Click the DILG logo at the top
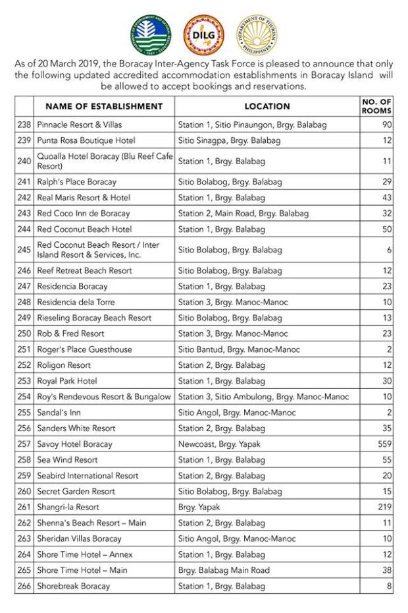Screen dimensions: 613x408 click(204, 34)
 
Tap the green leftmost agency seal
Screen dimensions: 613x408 click(151, 34)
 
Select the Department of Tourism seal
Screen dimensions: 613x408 click(257, 34)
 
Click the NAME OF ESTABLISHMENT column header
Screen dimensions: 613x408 click(104, 106)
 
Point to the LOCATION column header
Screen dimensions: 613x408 click(267, 106)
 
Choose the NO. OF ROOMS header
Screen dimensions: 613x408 click(377, 106)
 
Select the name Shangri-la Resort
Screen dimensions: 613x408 click(68, 508)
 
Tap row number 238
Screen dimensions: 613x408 click(24, 125)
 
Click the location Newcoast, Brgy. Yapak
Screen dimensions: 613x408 click(219, 444)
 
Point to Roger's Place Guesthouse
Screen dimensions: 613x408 click(84, 349)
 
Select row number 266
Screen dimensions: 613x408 click(24, 586)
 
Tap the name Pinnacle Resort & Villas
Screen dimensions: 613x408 click(79, 125)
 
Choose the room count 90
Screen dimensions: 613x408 click(387, 125)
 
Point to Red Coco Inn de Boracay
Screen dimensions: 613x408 click(84, 214)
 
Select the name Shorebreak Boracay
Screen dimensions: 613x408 click(73, 586)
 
